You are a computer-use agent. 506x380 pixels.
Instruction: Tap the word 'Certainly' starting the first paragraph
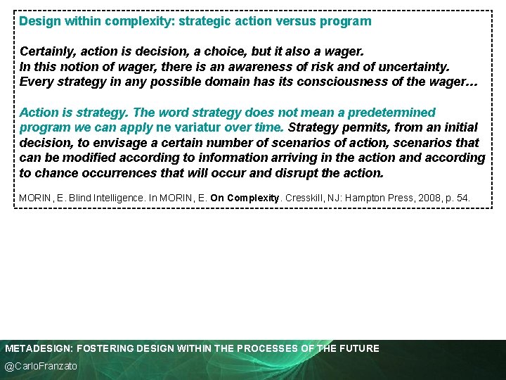point(47,52)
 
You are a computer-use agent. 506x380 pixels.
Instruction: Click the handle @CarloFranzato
point(41,366)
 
